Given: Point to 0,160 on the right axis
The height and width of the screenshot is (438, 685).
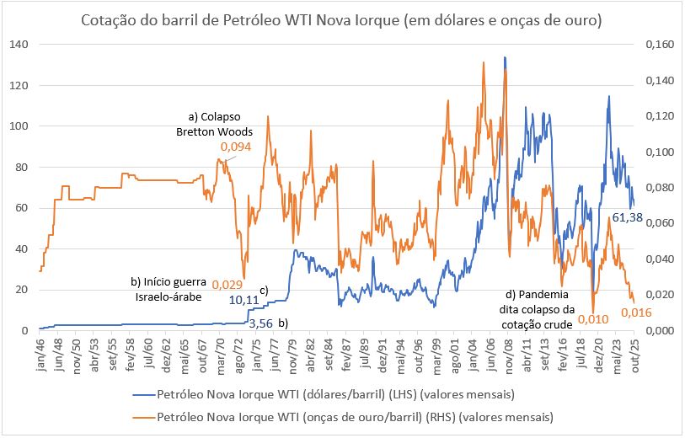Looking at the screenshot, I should [658, 45].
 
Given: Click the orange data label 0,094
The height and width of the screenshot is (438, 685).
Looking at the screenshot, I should [235, 147].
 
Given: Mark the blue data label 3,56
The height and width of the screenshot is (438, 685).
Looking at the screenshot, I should [263, 323].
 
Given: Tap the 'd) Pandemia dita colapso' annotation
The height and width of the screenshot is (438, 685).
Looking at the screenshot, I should [538, 309].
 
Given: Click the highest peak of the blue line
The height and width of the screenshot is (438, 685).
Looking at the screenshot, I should [505, 58].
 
